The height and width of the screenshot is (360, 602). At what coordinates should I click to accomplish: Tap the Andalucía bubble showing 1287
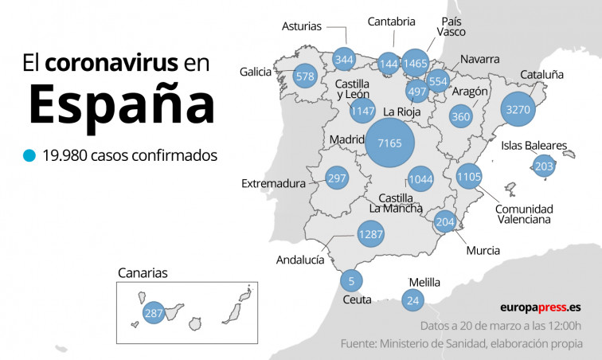[x=371, y=235]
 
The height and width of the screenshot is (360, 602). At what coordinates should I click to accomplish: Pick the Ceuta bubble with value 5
[x=351, y=280]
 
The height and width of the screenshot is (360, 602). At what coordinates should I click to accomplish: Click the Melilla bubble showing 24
[x=412, y=300]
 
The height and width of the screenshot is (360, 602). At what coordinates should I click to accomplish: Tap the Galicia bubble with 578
[x=305, y=76]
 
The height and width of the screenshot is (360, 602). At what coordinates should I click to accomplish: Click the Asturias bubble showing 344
[x=344, y=60]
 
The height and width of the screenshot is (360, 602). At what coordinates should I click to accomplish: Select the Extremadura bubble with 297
[x=338, y=178]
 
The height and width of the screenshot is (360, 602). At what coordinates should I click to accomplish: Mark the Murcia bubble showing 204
[x=445, y=222]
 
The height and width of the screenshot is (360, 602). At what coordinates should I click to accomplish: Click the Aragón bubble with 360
[x=460, y=116]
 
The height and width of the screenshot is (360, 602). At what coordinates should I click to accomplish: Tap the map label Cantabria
[x=391, y=22]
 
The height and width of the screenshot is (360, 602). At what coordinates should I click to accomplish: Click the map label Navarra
[x=479, y=59]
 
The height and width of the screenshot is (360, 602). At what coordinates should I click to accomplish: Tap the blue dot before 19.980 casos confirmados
[x=29, y=155]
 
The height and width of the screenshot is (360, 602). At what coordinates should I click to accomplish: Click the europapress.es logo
[x=540, y=307]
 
